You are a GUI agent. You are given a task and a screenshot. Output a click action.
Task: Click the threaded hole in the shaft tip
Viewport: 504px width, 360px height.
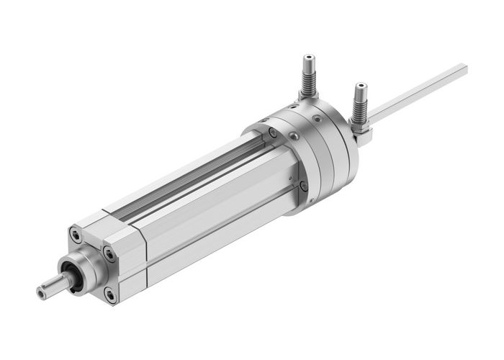click(41, 292)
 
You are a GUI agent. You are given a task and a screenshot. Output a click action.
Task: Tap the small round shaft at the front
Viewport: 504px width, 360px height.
click(52, 287)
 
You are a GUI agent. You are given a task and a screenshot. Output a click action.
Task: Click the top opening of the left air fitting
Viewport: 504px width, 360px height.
click(308, 56)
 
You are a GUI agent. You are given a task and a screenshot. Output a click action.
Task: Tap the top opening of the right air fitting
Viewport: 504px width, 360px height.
click(359, 86)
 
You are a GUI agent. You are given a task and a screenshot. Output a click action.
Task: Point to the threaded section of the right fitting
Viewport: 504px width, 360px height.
click(358, 108)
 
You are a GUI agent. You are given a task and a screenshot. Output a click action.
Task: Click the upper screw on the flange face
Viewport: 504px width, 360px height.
click(273, 133)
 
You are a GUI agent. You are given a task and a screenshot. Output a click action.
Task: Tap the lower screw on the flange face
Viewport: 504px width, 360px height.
click(303, 186)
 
